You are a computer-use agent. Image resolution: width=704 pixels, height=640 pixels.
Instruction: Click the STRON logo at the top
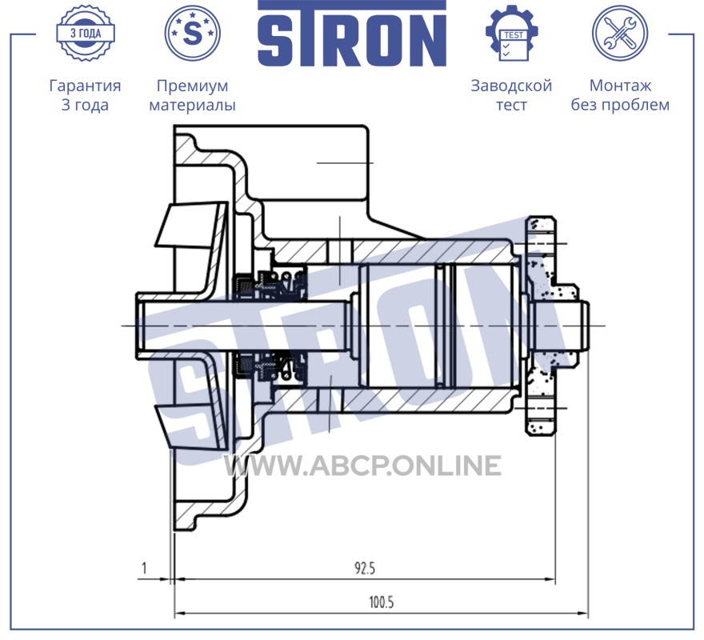(351, 34)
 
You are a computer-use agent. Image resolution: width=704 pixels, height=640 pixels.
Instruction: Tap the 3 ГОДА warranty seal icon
(86, 33)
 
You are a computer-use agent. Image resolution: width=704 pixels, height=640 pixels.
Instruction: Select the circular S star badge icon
(193, 33)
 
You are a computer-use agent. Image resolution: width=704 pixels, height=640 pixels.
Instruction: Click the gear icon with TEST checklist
(512, 33)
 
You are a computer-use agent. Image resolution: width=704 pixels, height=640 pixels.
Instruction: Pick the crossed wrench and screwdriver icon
(620, 33)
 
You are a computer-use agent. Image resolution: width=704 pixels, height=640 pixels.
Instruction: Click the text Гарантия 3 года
(85, 94)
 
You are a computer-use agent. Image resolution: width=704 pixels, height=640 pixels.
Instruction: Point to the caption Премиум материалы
(192, 94)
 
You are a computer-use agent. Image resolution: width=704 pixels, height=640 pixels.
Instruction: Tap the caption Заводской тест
(511, 94)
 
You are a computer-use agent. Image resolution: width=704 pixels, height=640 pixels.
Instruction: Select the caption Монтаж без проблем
(620, 94)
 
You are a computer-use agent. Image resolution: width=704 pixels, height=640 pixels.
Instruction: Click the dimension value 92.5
(365, 569)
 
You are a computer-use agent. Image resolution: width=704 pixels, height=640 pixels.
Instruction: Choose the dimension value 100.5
(381, 602)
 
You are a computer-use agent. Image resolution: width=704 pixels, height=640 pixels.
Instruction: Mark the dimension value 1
(144, 569)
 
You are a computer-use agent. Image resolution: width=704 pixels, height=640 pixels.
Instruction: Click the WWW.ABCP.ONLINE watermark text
(362, 465)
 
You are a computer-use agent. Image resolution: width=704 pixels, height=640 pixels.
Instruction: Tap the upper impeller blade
(191, 225)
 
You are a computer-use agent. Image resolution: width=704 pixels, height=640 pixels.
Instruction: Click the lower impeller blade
(191, 426)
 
